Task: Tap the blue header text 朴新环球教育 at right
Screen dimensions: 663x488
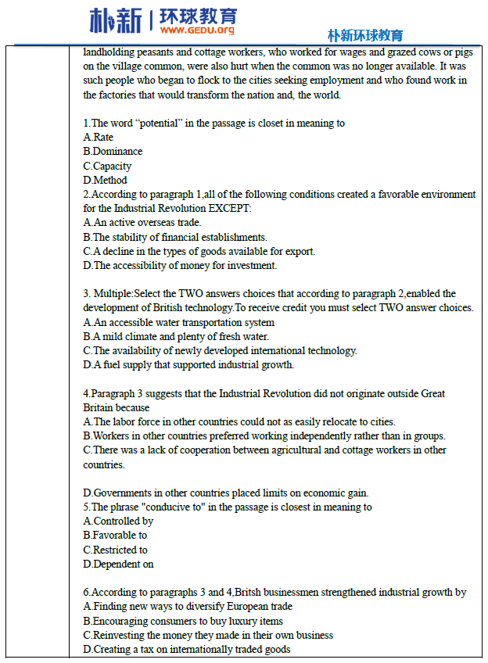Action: click(x=365, y=35)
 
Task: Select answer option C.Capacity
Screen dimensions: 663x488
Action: click(x=107, y=166)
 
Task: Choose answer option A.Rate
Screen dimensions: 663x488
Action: click(x=99, y=137)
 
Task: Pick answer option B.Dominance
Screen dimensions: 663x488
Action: click(x=113, y=151)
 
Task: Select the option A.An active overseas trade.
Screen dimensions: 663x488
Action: click(x=142, y=223)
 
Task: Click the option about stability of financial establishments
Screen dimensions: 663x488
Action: click(x=175, y=237)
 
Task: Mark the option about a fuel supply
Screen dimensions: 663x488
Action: click(x=188, y=365)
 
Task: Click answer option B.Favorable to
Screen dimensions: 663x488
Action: click(x=115, y=536)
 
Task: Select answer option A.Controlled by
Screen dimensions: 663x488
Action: click(x=118, y=521)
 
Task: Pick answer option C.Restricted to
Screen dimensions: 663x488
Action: click(x=115, y=550)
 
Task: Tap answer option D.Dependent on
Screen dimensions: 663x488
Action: click(x=118, y=564)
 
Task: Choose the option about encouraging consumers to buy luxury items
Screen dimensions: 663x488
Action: click(x=183, y=621)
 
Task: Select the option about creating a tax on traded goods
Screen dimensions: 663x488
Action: click(x=187, y=649)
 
